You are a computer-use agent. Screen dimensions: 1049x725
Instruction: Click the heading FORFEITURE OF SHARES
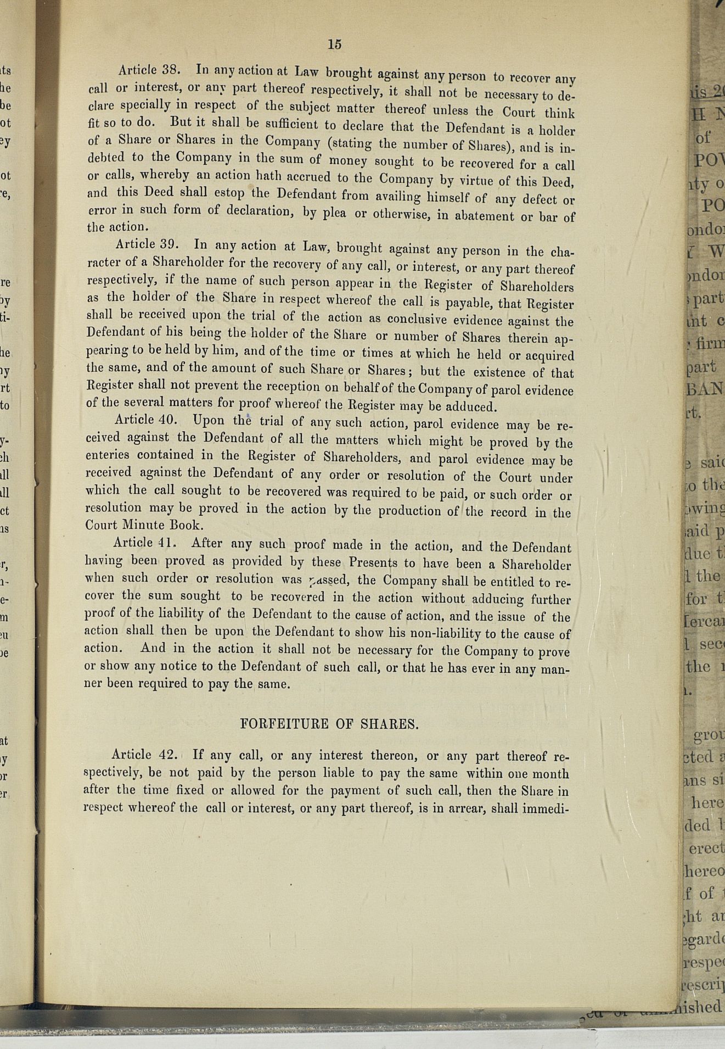(329, 724)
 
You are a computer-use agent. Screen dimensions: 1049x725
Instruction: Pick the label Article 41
(144, 543)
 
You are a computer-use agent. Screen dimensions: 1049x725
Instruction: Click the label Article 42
(144, 754)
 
